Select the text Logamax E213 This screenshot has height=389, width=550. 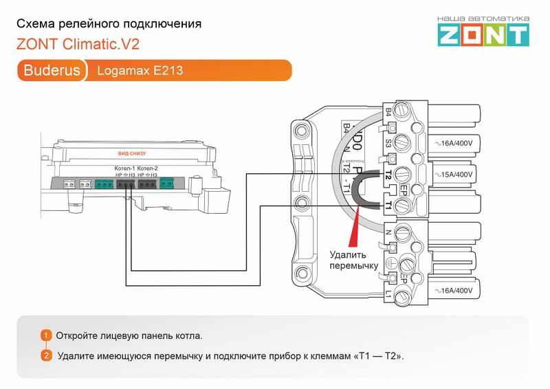click(140, 70)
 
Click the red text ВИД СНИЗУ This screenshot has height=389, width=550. click(132, 153)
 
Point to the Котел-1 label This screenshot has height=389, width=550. click(124, 168)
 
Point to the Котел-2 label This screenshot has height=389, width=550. click(147, 168)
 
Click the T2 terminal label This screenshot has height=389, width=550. click(388, 175)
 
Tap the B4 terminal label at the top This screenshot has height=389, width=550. click(388, 111)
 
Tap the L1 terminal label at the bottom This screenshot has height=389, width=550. click(388, 294)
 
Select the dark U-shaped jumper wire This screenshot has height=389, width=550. click(357, 190)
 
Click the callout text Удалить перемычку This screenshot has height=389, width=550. click(353, 259)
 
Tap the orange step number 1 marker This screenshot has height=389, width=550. click(46, 335)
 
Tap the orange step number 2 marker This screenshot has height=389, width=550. click(46, 355)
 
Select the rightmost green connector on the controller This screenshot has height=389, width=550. click(166, 184)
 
